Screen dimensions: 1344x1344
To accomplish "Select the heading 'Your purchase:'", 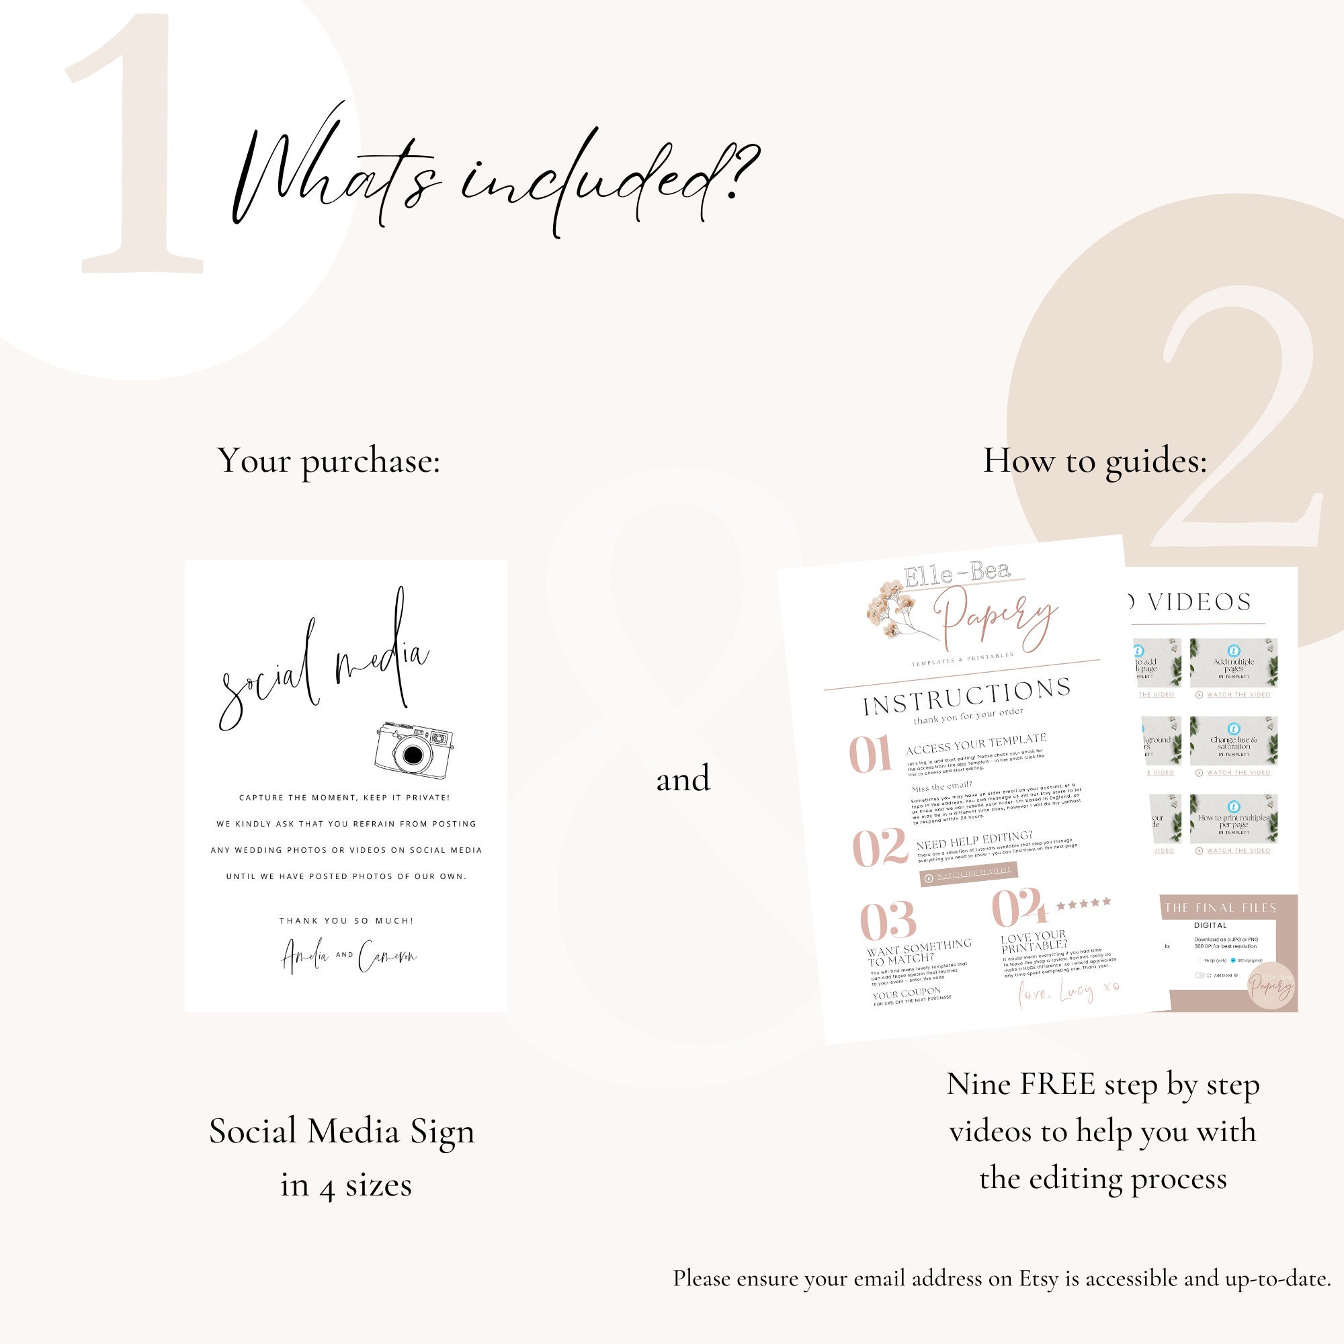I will pos(329,460).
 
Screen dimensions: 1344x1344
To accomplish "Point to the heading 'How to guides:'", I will pos(1095,460).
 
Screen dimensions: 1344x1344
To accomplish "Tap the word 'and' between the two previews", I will pos(683,778).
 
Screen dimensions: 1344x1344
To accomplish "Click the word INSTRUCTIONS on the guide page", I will pos(967,696).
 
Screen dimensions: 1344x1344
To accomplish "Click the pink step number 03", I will pos(888,921).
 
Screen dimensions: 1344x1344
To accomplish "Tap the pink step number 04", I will pos(1019,908).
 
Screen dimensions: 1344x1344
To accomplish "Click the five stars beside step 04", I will pos(1083,904).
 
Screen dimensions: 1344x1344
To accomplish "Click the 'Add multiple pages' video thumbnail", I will pos(1233,664).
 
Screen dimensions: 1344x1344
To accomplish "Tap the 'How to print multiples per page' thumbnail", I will pos(1233,819).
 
